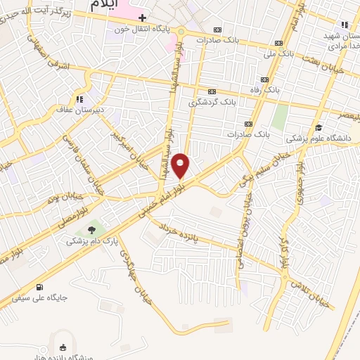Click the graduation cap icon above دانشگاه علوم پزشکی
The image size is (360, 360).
[318, 127]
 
